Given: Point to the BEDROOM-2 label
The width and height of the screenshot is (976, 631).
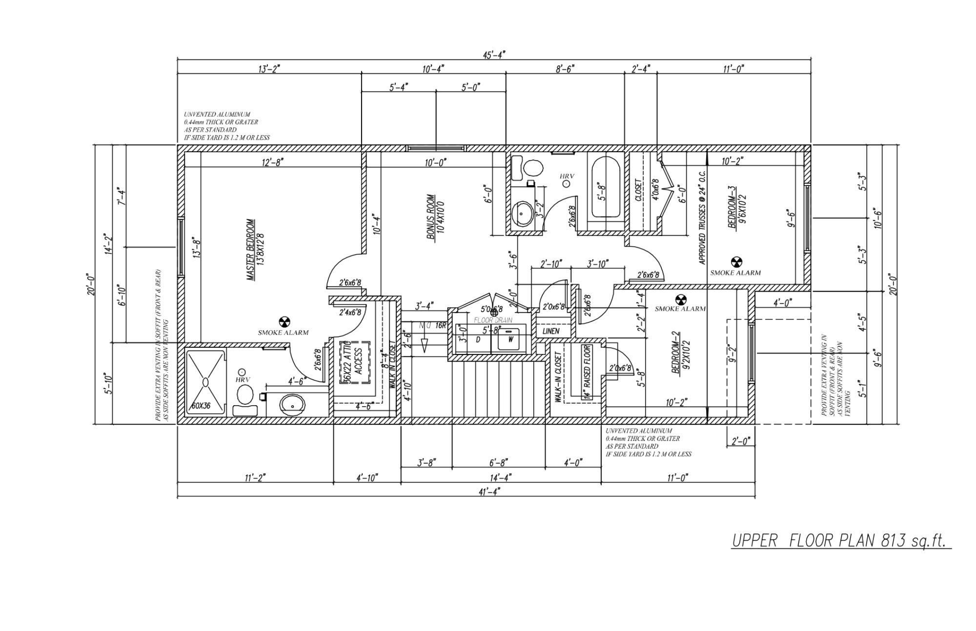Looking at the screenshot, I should pyautogui.click(x=680, y=352).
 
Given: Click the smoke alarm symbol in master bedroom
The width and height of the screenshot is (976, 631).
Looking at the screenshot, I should pyautogui.click(x=284, y=321).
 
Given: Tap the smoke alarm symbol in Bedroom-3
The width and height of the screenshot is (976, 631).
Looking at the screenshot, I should pyautogui.click(x=736, y=262).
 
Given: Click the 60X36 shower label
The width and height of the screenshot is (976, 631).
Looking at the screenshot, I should pyautogui.click(x=201, y=405).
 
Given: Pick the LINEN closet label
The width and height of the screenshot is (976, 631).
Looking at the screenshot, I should pyautogui.click(x=550, y=331).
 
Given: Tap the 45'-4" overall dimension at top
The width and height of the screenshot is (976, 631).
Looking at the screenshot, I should pyautogui.click(x=494, y=55).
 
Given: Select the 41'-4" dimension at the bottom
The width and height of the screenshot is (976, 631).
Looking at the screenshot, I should pyautogui.click(x=489, y=492).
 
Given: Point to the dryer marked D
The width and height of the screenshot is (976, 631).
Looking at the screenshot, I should pyautogui.click(x=478, y=339).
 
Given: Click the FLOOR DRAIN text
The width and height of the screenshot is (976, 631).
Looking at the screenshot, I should pyautogui.click(x=493, y=320).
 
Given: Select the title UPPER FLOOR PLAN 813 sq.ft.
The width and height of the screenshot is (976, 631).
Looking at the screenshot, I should pyautogui.click(x=840, y=541).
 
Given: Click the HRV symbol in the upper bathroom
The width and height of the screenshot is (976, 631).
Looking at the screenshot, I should pyautogui.click(x=566, y=184).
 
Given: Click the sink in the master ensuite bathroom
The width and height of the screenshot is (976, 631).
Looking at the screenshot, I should pyautogui.click(x=292, y=404).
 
